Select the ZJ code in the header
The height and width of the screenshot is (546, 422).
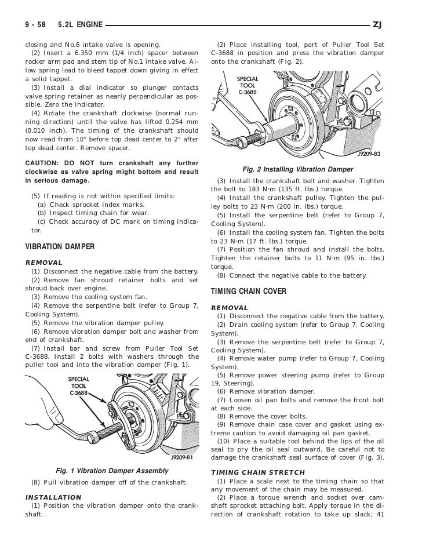[x=378, y=24]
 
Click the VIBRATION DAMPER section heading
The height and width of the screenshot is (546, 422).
[x=60, y=247]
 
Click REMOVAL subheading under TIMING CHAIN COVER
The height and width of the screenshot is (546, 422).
[x=230, y=307]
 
